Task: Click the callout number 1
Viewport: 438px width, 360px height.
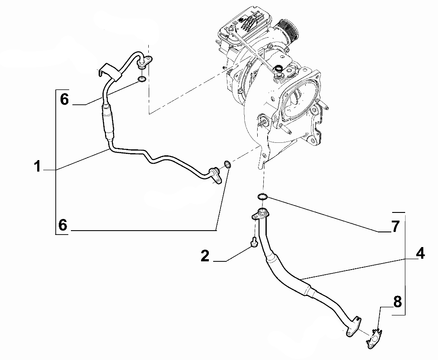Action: click(38, 166)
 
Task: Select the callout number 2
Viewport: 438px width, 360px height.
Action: click(205, 256)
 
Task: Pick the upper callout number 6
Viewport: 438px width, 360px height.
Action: click(64, 100)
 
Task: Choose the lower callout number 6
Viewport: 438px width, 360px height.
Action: click(63, 225)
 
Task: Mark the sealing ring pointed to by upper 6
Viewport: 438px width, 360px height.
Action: click(141, 80)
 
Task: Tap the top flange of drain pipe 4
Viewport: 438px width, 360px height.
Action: click(261, 213)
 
